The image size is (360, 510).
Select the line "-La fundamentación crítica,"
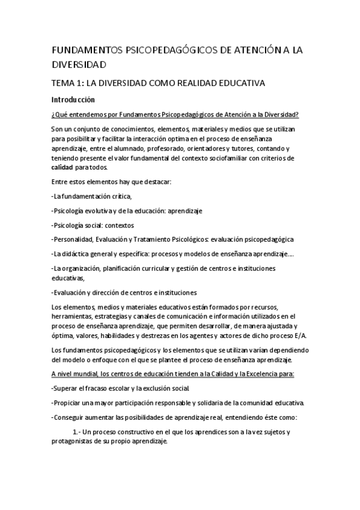click(91, 196)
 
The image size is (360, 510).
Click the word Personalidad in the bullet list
click(74, 239)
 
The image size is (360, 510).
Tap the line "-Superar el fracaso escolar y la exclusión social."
click(123, 389)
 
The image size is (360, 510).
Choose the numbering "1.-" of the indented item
click(76, 432)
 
